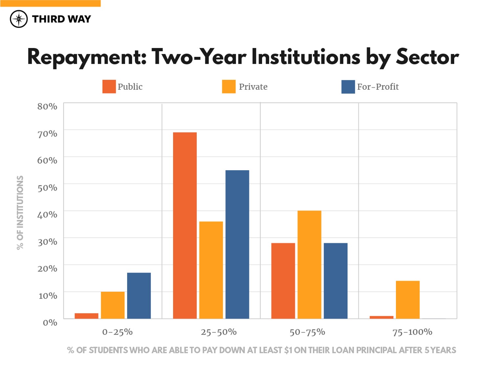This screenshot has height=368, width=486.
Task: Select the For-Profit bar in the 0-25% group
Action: (x=139, y=295)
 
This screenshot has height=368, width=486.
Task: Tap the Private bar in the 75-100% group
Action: (x=408, y=299)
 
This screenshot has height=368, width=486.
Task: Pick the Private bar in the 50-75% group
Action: (x=309, y=264)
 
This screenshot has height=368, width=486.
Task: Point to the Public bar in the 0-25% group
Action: (x=86, y=316)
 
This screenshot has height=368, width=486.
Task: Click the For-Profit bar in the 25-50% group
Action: (x=237, y=244)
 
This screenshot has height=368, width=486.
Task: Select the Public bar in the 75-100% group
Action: (x=381, y=317)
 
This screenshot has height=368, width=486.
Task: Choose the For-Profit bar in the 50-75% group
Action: (x=336, y=281)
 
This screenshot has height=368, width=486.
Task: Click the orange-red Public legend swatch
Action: (x=109, y=87)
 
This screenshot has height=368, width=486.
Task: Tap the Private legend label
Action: (x=253, y=87)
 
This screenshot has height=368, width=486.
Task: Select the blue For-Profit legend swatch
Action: (x=348, y=87)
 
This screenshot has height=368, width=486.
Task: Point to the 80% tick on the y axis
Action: (x=47, y=106)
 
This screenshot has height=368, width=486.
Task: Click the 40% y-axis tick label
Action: (x=47, y=215)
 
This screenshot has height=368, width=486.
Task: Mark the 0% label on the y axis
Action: (x=50, y=322)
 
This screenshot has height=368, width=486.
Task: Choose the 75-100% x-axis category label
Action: (x=412, y=332)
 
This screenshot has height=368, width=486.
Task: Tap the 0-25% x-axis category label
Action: (x=117, y=332)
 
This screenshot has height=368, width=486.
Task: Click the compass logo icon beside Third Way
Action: (x=19, y=19)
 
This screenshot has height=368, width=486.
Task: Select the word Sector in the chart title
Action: (x=427, y=57)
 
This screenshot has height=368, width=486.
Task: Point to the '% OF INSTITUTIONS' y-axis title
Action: (x=20, y=213)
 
